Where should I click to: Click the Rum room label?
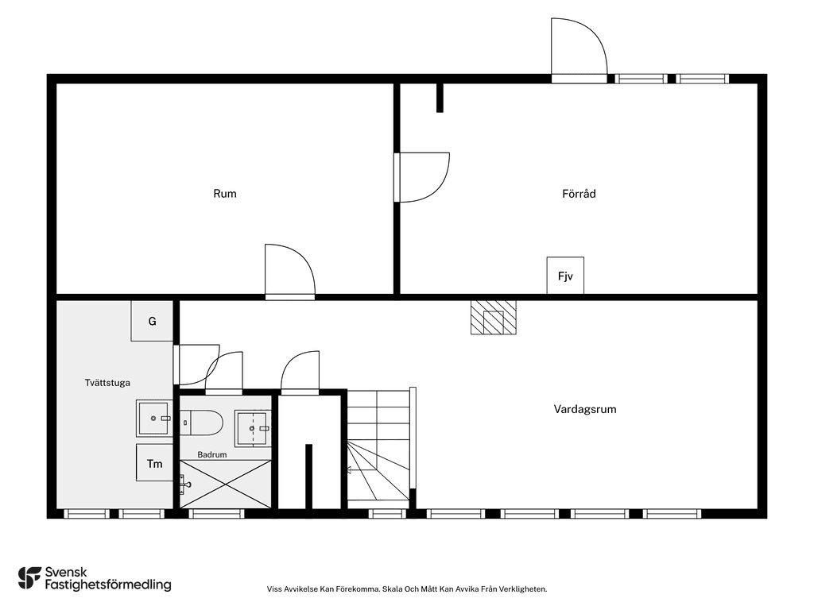(x=225, y=194)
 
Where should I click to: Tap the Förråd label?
(x=579, y=194)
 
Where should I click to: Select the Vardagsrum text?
(x=585, y=409)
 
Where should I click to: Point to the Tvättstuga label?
(x=107, y=383)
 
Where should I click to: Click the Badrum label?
(x=211, y=455)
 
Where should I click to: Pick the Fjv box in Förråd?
(x=565, y=276)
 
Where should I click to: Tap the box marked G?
(x=152, y=321)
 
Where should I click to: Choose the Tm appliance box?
(x=155, y=463)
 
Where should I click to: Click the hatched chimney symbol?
(x=493, y=318)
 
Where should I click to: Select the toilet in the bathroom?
(x=201, y=423)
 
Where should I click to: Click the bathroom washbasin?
(x=252, y=428)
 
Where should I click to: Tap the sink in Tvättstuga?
(x=155, y=418)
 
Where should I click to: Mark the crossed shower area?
(x=225, y=484)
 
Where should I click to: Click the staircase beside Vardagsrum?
(x=378, y=446)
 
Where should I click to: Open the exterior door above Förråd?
(x=579, y=50)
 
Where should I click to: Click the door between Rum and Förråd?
(x=421, y=177)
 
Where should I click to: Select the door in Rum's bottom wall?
(x=289, y=272)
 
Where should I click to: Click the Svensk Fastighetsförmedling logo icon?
(x=29, y=578)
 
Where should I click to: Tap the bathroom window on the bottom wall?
(x=216, y=514)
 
